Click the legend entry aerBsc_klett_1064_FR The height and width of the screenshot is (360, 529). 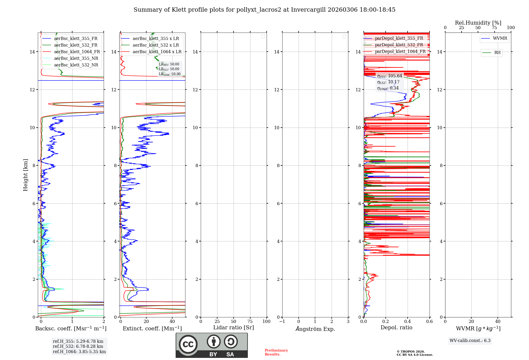pos(77,52)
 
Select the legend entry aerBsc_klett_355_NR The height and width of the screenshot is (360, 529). pos(76,58)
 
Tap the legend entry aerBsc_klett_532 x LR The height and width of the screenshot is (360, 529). pos(156,45)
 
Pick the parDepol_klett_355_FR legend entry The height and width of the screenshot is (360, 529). pos(399,38)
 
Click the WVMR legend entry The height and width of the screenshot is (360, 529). pos(500,38)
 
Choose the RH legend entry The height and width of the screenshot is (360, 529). pos(497,53)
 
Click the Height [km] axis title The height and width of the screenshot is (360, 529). pos(25,175)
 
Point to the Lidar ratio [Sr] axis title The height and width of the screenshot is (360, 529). pos(234,328)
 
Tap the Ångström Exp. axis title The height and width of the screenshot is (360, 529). pos(315,329)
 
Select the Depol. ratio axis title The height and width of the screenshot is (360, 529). pos(396,328)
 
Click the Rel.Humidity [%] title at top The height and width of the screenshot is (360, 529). pos(478,23)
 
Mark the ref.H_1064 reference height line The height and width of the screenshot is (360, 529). pos(79,352)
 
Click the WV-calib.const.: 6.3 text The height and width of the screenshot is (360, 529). pos(470,341)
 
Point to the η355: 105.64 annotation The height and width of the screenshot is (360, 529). pos(390,76)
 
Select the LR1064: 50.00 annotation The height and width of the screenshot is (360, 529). pos(170,74)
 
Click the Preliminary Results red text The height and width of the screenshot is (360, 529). pos(276,352)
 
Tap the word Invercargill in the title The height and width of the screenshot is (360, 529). pos(308,10)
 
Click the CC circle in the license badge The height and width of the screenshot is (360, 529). pos(188,344)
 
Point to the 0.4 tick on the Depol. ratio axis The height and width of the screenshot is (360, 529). pos(408,322)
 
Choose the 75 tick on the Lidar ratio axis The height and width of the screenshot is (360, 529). pos(250,322)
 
